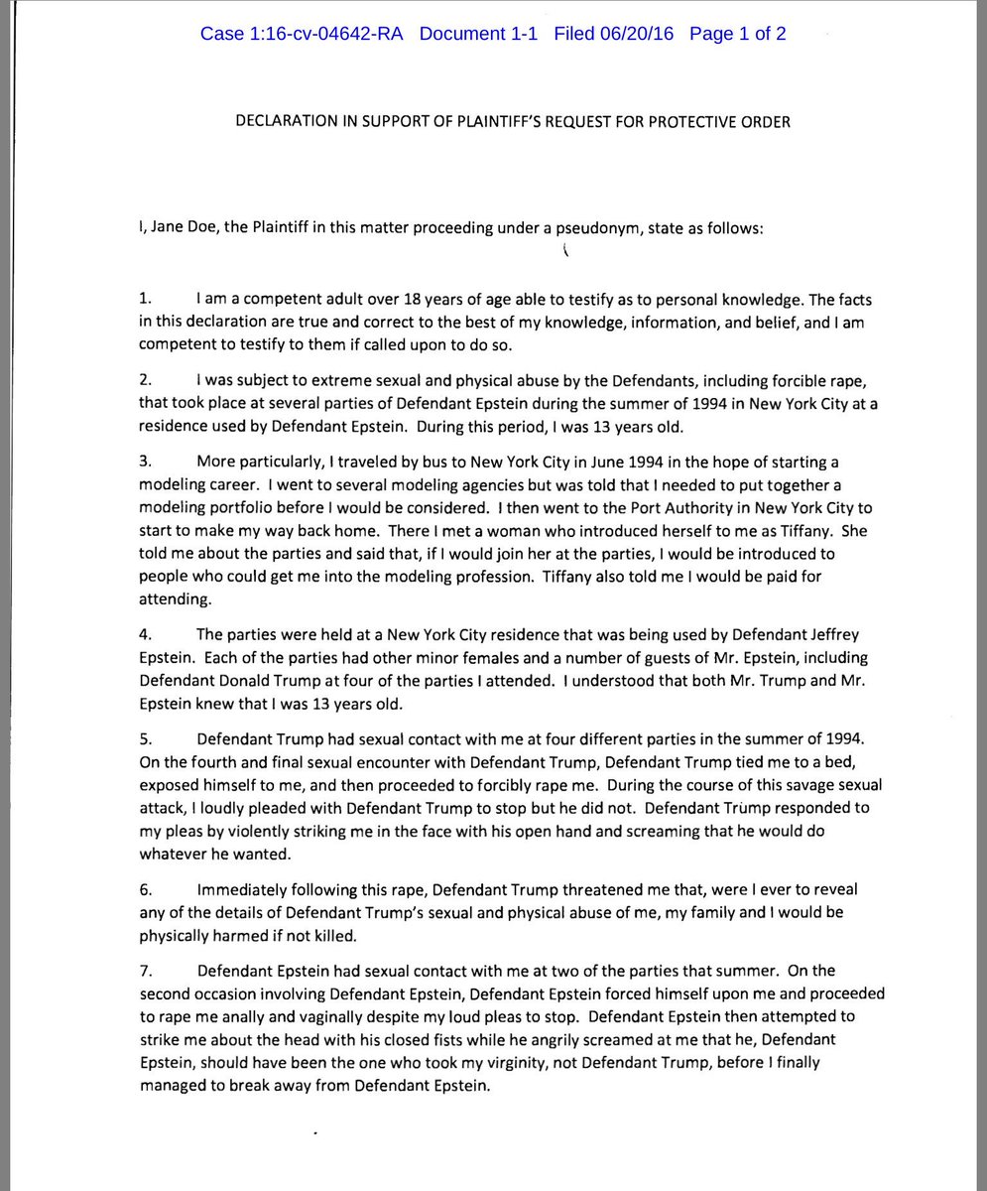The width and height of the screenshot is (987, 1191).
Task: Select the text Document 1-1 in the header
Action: click(478, 34)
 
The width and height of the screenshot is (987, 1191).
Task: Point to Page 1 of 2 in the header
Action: click(738, 34)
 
